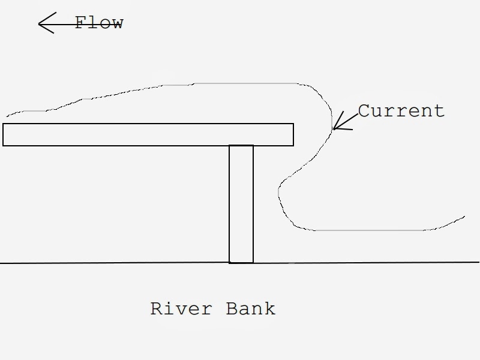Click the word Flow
(99, 23)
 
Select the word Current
(401, 111)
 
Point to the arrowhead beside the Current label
(335, 127)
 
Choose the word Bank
(251, 309)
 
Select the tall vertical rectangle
(241, 204)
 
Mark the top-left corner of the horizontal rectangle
(3, 124)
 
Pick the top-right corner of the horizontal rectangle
(293, 124)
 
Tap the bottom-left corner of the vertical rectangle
(229, 263)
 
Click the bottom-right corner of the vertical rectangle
(253, 263)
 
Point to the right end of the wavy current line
(464, 216)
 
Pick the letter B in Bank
(232, 309)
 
